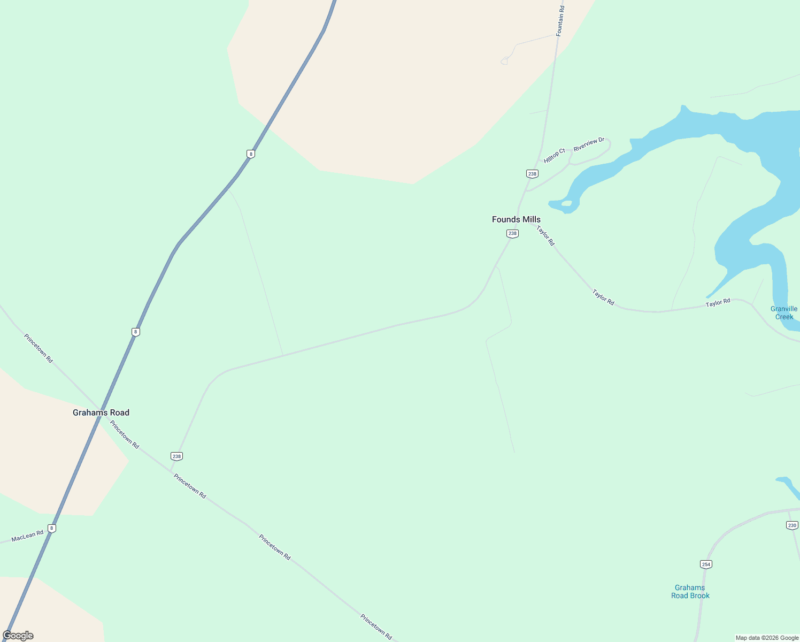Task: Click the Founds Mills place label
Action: [516, 219]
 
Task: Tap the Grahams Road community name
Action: [101, 412]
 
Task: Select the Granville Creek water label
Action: [784, 312]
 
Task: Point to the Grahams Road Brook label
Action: [690, 591]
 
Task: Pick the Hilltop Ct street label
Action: [555, 156]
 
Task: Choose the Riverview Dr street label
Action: [589, 144]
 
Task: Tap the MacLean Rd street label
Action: [27, 536]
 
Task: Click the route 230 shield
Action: [792, 525]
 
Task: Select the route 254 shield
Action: [706, 564]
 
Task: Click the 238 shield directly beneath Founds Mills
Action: [512, 233]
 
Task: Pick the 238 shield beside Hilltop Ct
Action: [532, 174]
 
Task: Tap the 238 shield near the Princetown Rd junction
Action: [176, 456]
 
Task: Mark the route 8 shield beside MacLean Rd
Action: [51, 528]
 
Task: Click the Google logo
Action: [18, 636]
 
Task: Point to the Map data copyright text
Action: [767, 638]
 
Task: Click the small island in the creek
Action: [567, 203]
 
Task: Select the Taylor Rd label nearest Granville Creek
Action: [718, 303]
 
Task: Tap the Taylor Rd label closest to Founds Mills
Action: [546, 235]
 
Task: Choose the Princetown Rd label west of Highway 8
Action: [39, 348]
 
